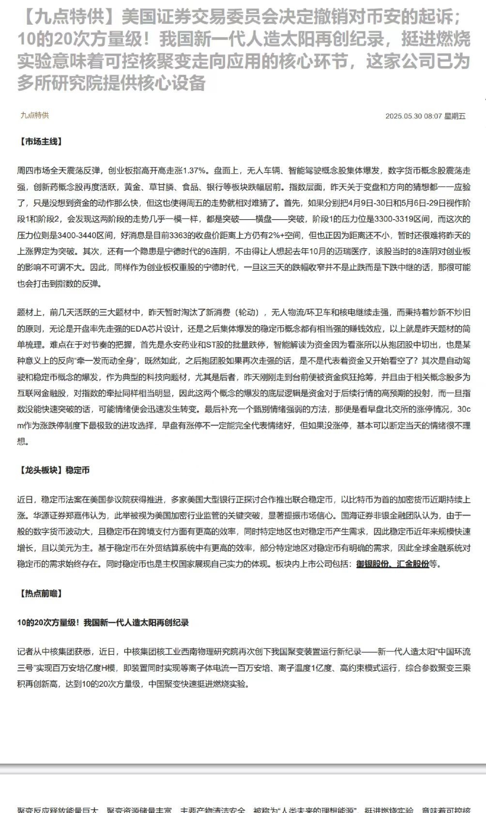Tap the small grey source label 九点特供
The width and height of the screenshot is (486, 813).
click(34, 115)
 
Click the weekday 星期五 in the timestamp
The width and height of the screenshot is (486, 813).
click(455, 116)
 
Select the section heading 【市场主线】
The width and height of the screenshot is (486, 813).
click(41, 141)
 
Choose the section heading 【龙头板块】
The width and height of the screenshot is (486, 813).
click(41, 470)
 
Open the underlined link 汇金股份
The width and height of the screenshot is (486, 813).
click(413, 564)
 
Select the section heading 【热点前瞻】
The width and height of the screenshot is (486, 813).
click(41, 593)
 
